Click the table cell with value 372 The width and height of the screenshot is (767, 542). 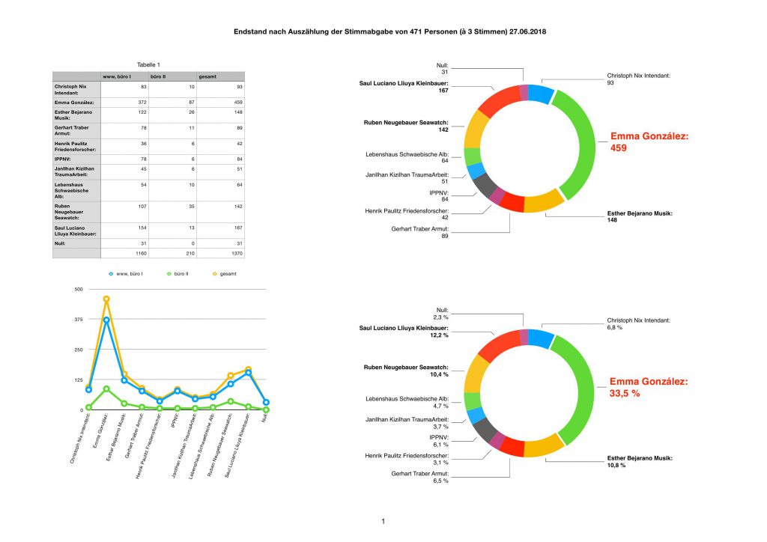[132, 102]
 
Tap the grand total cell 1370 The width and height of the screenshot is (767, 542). [235, 254]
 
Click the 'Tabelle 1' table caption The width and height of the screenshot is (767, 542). [148, 65]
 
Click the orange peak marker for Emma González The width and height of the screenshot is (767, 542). [106, 299]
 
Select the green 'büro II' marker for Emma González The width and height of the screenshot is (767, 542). [106, 389]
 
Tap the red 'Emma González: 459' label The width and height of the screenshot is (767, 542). [649, 142]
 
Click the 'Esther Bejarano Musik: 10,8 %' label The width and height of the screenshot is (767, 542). [639, 460]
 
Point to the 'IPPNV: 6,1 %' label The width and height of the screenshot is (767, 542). [438, 440]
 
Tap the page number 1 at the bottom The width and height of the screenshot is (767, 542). [383, 521]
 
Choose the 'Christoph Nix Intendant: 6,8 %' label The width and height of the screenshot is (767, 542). [638, 323]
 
